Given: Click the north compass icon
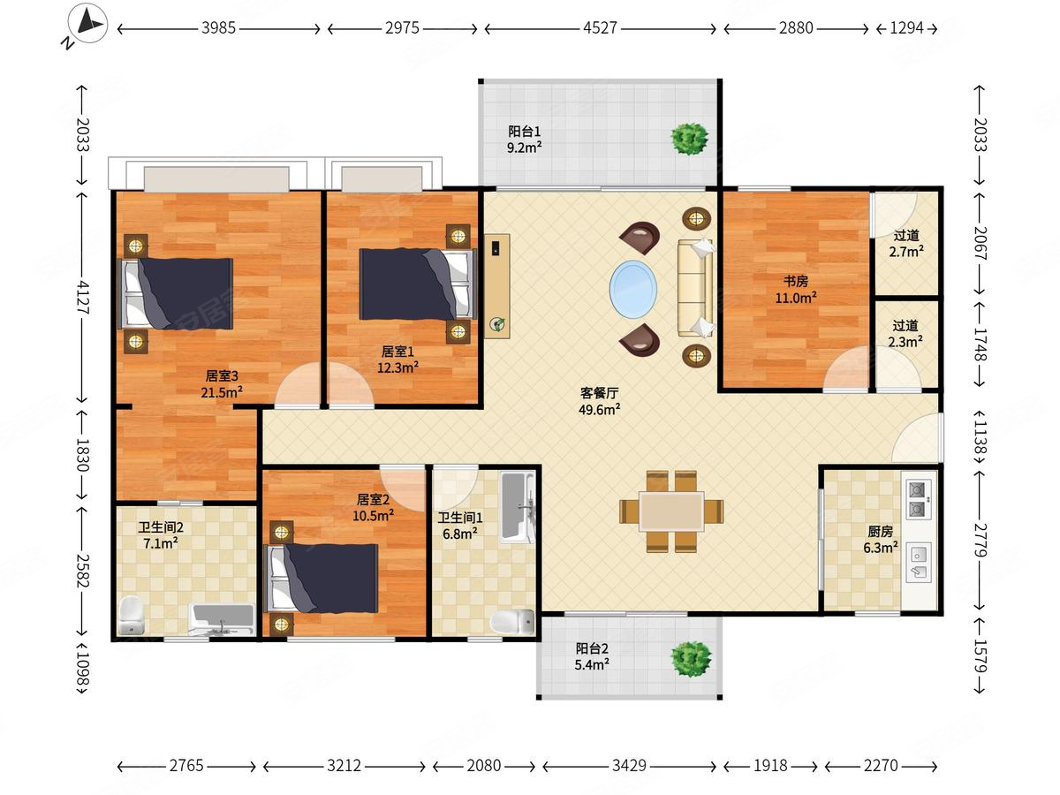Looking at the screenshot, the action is point(87,23).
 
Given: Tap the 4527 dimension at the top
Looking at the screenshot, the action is point(600,28).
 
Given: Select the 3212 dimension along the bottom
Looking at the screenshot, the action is point(344,766).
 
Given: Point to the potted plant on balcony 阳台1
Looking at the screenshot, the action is point(690,139).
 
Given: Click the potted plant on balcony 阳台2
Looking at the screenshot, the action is point(691,658).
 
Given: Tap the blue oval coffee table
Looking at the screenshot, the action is point(633,289).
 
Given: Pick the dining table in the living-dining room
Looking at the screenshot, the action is point(671,511).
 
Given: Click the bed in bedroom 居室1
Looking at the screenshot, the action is point(418,284).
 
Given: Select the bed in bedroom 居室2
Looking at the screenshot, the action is point(323,579).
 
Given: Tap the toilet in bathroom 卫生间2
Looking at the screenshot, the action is point(132,616).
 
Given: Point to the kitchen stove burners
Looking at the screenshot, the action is point(917,499).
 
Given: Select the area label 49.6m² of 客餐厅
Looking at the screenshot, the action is point(599,410).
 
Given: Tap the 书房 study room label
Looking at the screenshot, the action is point(795,281).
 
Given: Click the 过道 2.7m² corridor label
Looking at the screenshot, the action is point(906,244).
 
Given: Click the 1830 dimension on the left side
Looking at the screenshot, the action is point(82,455).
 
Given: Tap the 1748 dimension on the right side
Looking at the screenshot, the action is point(980,344).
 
